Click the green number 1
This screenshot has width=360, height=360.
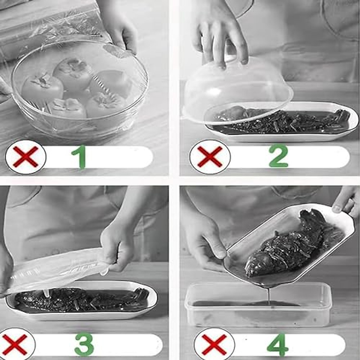(x=79, y=157)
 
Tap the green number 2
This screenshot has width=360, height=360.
(x=278, y=156)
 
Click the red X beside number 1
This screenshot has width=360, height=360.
(x=26, y=157)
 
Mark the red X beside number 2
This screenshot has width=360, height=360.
(x=210, y=157)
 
